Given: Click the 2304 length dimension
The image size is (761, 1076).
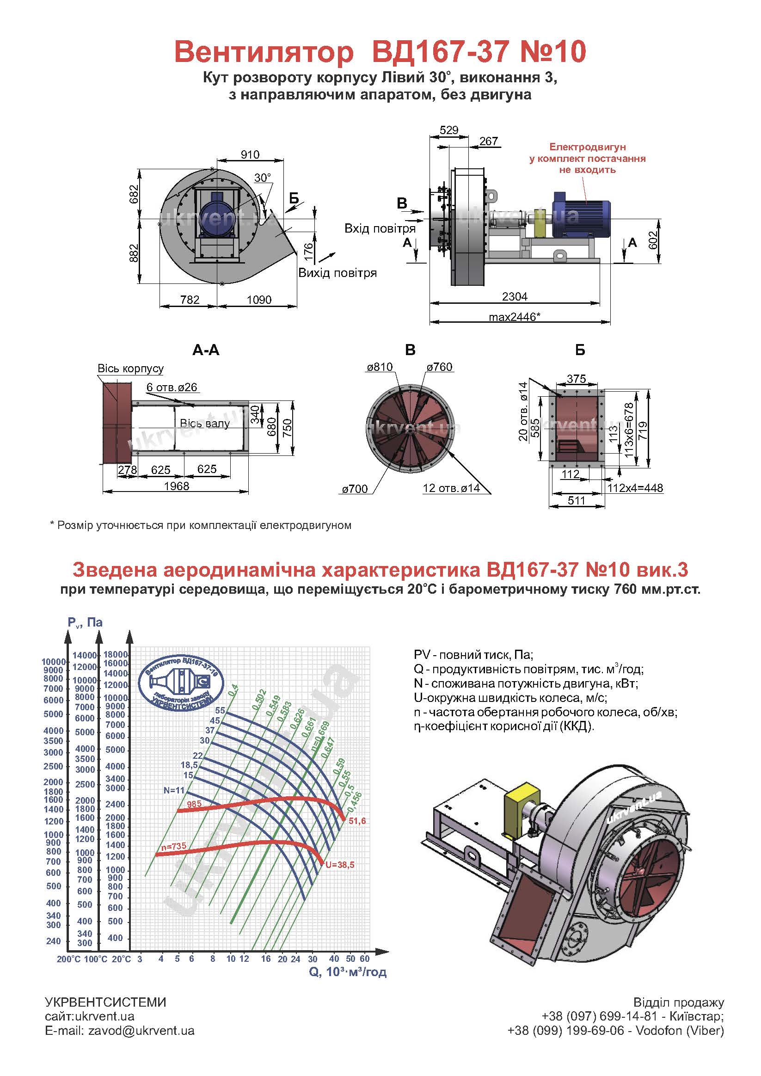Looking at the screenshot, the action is coord(515,296).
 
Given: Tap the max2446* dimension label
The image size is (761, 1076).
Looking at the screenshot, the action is coord(515,317).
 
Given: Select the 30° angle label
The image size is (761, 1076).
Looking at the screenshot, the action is coord(263,178).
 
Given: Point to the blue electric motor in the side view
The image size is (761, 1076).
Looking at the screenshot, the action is coord(581,214).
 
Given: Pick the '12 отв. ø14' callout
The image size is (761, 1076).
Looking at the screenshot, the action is coord(451,488).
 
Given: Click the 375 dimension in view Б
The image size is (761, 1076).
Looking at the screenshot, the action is coord(577,379).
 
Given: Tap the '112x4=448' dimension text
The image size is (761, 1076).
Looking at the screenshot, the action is coord(635,488).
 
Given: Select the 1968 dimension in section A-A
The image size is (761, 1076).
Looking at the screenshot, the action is coord(177,486).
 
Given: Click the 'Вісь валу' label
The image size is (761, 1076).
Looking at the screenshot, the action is coord(205,424).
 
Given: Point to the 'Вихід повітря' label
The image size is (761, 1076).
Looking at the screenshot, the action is coord(338,273).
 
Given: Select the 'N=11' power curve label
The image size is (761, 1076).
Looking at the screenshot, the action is coord(174,790).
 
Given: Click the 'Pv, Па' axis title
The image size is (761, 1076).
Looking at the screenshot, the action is coord(85,622).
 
